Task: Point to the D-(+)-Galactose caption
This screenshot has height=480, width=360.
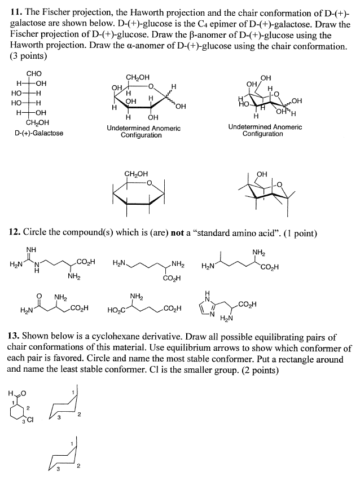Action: (39, 133)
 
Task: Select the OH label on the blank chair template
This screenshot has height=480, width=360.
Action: (261, 174)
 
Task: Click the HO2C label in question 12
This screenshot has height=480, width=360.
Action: (116, 310)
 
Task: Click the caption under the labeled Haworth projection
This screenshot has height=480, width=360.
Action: (143, 131)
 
